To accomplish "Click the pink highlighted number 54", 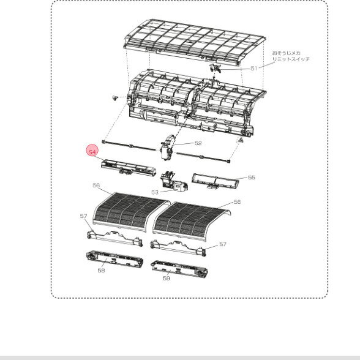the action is pos(92,152).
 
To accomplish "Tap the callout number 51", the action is pos(254,68).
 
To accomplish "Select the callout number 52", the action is pos(198,143).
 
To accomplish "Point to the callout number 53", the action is pos(155,192).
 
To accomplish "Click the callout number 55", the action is pos(252,178).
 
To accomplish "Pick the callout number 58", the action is pos(101,271).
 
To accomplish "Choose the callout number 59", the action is pos(167,278).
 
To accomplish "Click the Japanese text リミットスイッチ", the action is pos(291,59).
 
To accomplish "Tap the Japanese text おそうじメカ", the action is pos(287,53).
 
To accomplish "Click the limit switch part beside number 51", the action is pos(215,68).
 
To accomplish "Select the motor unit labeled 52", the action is pos(168,147).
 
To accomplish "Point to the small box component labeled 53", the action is pos(174,181).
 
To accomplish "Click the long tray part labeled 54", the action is pos(129,168).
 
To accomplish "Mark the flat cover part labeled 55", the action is pos(215,181).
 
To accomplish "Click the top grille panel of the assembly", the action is pos(195,42).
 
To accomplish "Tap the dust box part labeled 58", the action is pos(115,259).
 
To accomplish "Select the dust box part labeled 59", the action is pos(179,269).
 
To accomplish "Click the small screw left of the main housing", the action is pos(114,97).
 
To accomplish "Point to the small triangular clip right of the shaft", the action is pos(241,140).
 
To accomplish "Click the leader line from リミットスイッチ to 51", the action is pos(266,65).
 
